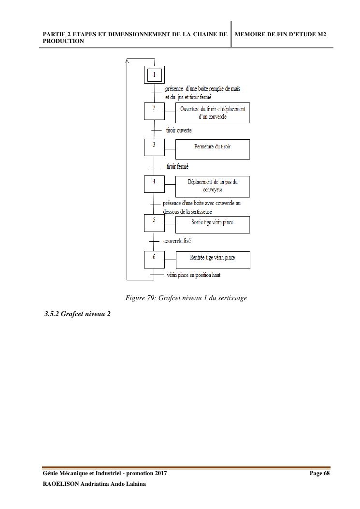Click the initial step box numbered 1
tap(155, 74)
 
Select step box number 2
tap(155, 111)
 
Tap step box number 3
tap(155, 147)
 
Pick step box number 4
tap(155, 184)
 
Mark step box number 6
tap(155, 259)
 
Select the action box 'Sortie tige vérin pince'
tap(213, 224)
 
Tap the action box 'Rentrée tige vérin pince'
tap(213, 260)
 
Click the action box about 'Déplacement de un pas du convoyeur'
tap(213, 187)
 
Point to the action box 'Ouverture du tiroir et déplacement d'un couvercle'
tap(213, 113)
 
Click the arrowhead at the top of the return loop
tap(127, 61)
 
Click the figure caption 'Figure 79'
tap(186, 298)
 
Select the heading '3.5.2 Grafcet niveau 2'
tap(77, 314)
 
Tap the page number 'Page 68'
tap(319, 473)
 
